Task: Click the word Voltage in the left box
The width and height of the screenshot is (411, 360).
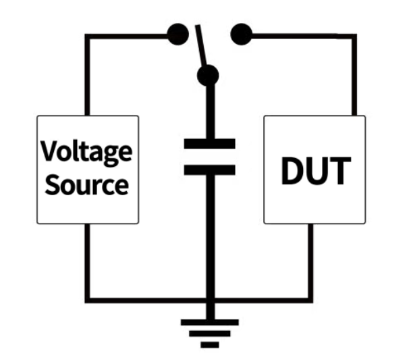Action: [86, 153]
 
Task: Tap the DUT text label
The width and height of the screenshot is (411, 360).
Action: [315, 171]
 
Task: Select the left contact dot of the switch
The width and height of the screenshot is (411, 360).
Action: [177, 34]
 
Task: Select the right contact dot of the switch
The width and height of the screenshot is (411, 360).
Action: [240, 33]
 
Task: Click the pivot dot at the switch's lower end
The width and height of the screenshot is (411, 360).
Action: [209, 75]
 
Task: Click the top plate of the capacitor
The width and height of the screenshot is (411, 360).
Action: [209, 143]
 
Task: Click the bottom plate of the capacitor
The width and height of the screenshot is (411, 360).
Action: [209, 170]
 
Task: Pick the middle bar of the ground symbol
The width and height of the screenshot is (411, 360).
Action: [209, 333]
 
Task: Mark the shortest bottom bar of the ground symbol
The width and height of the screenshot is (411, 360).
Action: [209, 344]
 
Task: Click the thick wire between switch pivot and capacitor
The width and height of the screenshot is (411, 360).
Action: [209, 111]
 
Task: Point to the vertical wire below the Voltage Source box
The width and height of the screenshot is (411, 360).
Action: [86, 260]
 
